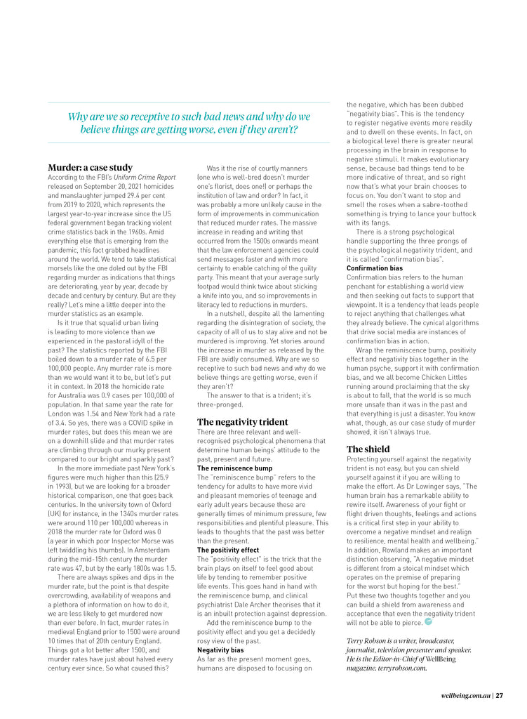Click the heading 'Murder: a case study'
point(90,168)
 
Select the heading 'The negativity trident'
point(242,422)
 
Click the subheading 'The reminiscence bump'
point(234,468)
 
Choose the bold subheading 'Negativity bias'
point(220,650)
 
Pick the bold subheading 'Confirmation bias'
point(375,268)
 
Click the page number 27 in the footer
point(499,696)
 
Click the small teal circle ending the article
point(428,621)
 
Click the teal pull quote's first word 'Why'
point(76,117)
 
